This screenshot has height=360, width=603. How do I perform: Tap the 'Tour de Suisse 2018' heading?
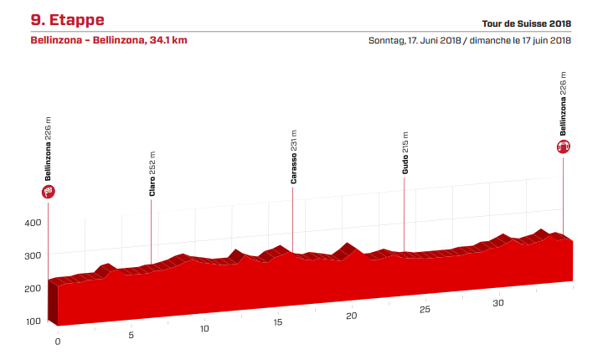tap(527, 23)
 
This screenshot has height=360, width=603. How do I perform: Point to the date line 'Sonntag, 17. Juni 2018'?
tap(415, 40)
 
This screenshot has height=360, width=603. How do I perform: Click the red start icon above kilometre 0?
tap(49, 193)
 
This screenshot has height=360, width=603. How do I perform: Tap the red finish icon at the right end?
tap(564, 147)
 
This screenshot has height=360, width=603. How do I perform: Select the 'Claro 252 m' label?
tap(152, 173)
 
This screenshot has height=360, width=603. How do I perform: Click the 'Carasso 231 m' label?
tap(294, 157)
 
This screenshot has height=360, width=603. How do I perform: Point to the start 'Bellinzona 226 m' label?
tap(49, 149)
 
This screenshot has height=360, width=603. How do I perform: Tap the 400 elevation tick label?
tap(33, 223)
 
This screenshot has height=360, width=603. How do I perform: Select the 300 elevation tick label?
tap(33, 255)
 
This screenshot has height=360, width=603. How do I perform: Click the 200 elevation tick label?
tap(33, 288)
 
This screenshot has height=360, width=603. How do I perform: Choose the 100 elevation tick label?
tap(33, 321)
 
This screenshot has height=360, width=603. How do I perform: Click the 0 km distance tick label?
tap(58, 342)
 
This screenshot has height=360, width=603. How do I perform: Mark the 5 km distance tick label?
tap(131, 336)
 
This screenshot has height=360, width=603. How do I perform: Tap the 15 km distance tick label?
tap(278, 322)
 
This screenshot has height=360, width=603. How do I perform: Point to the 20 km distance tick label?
tap(352, 316)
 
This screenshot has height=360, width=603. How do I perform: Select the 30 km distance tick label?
tap(498, 302)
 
